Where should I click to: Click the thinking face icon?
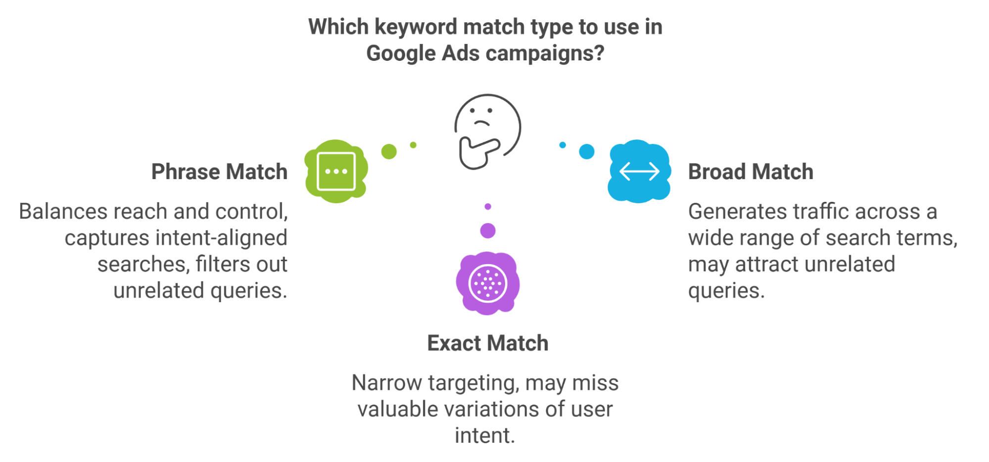(487, 132)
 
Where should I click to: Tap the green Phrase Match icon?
(336, 171)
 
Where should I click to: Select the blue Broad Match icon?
(639, 171)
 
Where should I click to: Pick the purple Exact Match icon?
(488, 283)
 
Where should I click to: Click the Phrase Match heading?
(219, 172)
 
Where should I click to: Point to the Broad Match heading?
(751, 172)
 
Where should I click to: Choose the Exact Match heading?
(488, 343)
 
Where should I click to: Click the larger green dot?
(389, 151)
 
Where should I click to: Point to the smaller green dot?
(413, 145)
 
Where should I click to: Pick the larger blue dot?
(587, 151)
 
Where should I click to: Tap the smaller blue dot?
(563, 145)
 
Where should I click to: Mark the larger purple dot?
(488, 231)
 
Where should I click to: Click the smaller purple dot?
(488, 206)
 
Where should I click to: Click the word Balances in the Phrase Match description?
(63, 211)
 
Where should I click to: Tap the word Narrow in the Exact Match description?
(387, 382)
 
